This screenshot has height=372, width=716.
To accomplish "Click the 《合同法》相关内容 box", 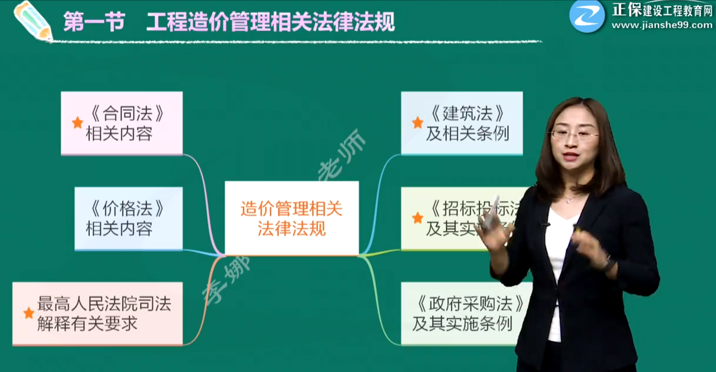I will [x=122, y=123].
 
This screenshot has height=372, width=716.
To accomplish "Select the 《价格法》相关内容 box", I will [x=128, y=219].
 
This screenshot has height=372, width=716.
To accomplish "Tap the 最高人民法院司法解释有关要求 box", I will [x=97, y=314].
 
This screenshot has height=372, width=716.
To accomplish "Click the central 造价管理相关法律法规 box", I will [x=292, y=218].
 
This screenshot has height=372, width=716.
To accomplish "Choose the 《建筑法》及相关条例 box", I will [x=462, y=123].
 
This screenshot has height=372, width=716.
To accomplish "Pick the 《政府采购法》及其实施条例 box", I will [x=462, y=314].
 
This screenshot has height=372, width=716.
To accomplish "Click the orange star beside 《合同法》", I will [x=78, y=123].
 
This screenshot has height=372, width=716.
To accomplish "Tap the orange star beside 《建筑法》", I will [x=418, y=123].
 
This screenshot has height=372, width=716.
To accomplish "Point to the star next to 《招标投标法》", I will [x=418, y=218].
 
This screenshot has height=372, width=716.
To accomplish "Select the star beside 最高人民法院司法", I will [x=29, y=313].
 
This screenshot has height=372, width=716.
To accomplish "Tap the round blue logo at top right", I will [x=587, y=16].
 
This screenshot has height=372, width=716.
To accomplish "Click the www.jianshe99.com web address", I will [x=662, y=25].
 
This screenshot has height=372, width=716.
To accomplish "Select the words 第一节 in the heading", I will [x=94, y=22].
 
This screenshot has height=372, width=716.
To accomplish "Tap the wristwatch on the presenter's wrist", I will [x=609, y=264].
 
